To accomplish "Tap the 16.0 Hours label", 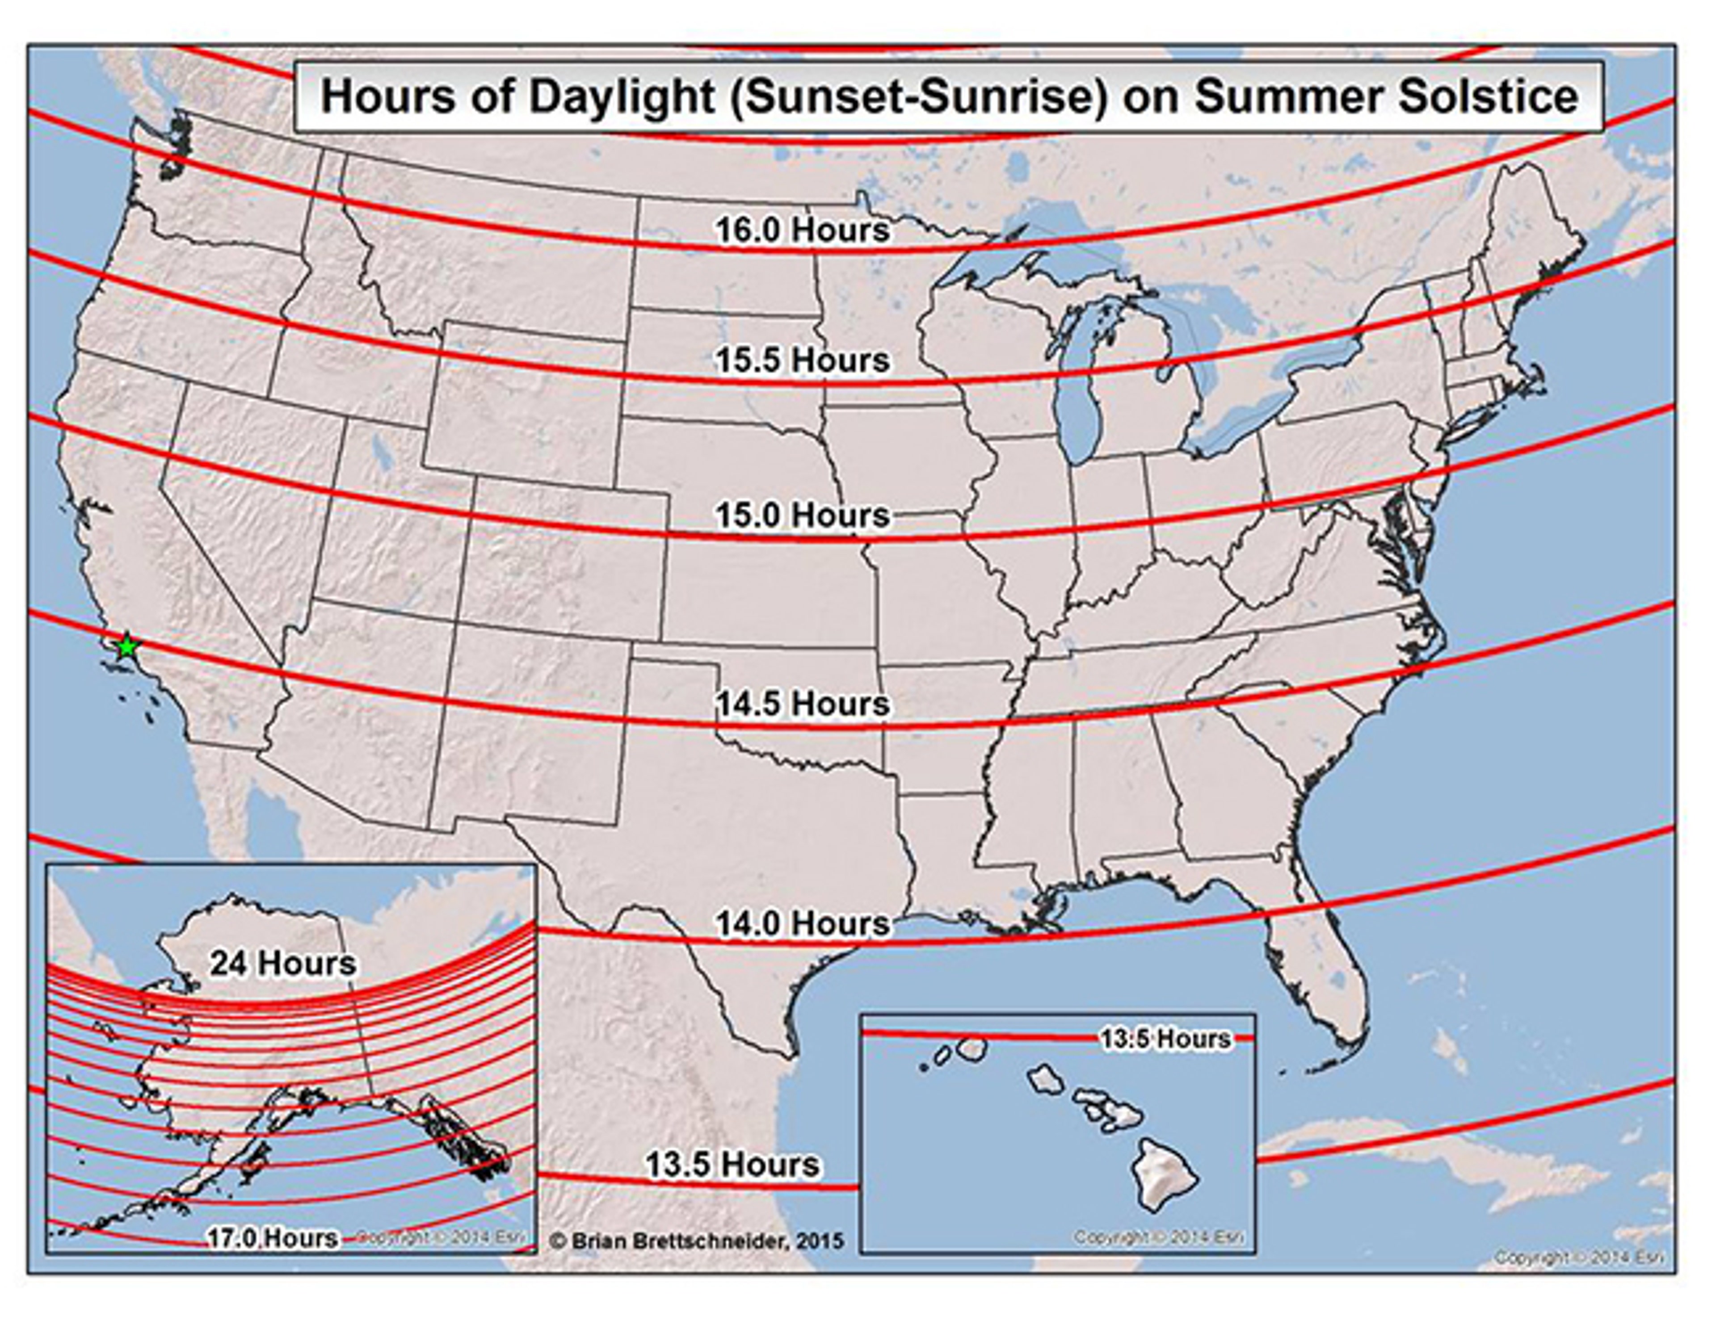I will [801, 230].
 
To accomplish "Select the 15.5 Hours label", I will [801, 361].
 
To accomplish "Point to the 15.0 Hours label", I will [801, 515].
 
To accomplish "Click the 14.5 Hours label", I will [801, 703].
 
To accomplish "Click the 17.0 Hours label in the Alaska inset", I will [272, 1238].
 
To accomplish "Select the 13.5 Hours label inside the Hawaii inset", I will [1165, 1039].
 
